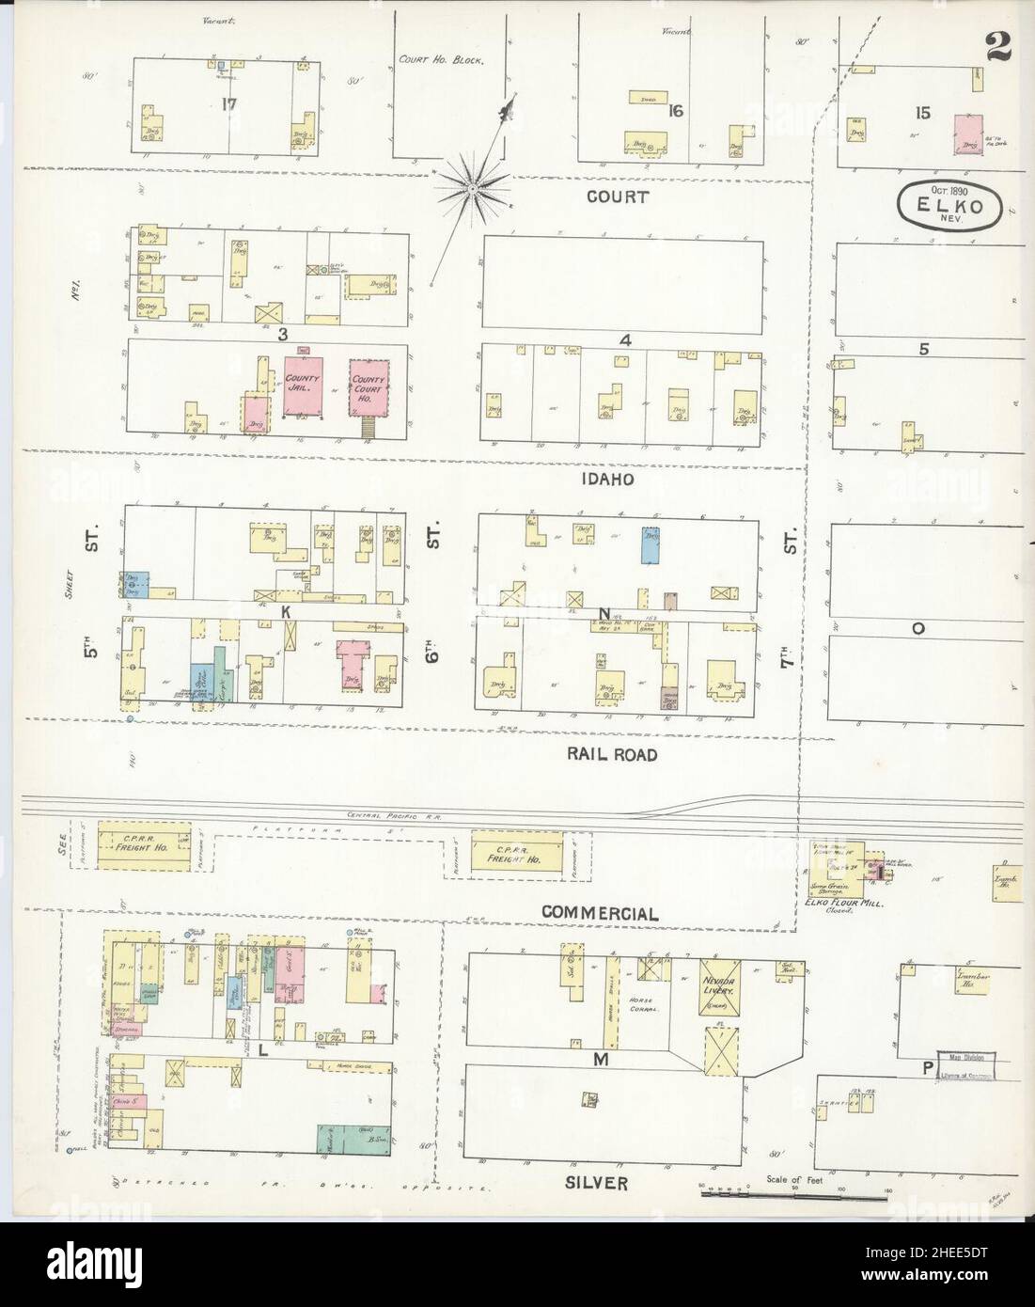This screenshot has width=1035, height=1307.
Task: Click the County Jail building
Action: pyautogui.click(x=305, y=386)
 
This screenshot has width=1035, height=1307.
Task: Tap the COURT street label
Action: pyautogui.click(x=617, y=197)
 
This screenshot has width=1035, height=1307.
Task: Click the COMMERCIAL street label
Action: pyautogui.click(x=599, y=912)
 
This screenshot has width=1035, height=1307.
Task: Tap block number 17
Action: pyautogui.click(x=228, y=103)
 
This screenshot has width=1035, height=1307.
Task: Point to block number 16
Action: pyautogui.click(x=674, y=111)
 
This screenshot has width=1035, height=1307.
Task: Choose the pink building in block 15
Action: pyautogui.click(x=969, y=134)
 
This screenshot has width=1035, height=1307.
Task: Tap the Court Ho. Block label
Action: pyautogui.click(x=441, y=59)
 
